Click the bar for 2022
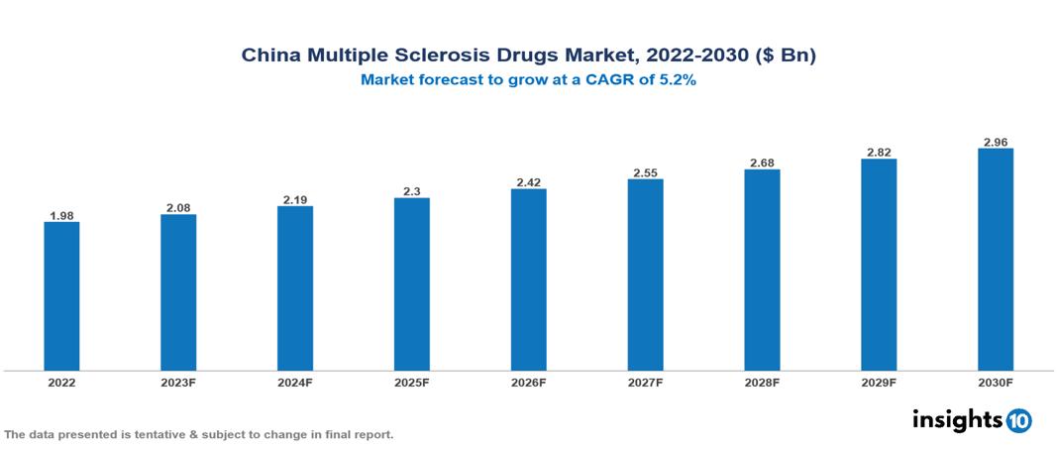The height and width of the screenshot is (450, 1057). (61, 296)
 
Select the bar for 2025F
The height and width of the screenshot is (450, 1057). (411, 284)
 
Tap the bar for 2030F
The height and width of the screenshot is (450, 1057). (995, 260)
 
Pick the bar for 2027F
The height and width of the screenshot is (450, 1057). (645, 275)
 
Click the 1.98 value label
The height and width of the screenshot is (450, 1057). (61, 214)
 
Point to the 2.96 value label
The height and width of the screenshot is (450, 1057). (995, 141)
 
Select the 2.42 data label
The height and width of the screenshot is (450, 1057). (528, 181)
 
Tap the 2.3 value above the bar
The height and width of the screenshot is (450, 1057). (411, 190)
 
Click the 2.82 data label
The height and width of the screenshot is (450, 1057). (879, 152)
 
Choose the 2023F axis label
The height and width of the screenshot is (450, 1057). (178, 383)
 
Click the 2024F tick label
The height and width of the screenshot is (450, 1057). (295, 383)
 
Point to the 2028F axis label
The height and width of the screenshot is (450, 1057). (762, 383)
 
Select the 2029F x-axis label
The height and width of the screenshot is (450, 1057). (879, 383)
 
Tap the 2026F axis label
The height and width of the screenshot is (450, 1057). (528, 383)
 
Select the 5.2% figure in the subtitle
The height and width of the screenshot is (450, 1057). (678, 81)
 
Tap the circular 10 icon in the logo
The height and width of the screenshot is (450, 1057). (1018, 420)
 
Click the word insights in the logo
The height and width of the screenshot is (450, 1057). (957, 419)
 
